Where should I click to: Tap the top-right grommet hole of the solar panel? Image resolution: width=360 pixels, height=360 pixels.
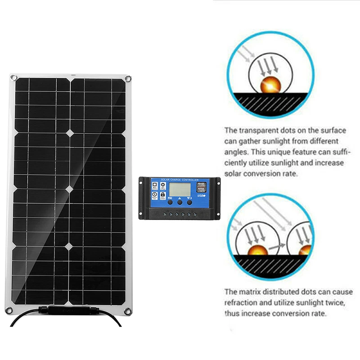pos(128,79)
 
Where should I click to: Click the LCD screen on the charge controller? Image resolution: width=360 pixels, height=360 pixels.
pos(180,190)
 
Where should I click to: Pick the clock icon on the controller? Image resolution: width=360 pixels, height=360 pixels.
pos(154,194)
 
